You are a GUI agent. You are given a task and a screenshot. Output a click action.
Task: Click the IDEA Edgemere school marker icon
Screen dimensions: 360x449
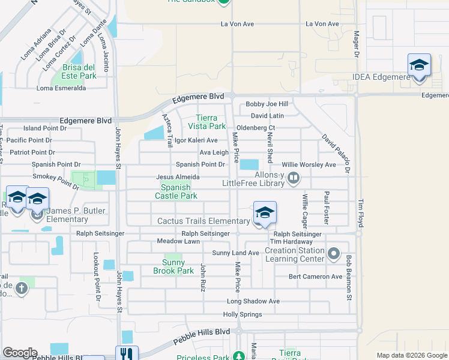point(419,65)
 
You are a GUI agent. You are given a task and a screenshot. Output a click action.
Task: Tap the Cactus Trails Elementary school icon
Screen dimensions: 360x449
point(265,213)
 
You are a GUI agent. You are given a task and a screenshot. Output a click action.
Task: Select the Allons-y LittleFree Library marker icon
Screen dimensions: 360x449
point(294,177)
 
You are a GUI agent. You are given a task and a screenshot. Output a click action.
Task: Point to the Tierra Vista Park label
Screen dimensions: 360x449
point(211,122)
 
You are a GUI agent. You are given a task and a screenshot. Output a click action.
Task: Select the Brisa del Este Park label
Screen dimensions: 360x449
point(74,71)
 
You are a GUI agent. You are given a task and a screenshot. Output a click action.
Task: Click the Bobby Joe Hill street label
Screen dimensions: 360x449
point(267,104)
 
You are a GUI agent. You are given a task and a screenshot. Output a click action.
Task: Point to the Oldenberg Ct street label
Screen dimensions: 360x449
point(255,128)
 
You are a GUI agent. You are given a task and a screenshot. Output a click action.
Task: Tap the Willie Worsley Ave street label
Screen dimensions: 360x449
point(309,164)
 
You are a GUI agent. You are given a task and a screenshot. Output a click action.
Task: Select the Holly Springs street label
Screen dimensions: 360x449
point(243,314)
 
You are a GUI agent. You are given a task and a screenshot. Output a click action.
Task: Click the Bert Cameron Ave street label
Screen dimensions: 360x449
point(315,277)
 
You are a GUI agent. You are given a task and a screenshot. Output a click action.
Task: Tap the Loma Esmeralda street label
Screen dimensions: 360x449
point(61,88)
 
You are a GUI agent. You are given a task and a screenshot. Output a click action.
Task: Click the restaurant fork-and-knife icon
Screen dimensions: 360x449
point(127,354)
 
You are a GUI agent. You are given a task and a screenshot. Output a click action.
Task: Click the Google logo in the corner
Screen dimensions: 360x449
point(20,353)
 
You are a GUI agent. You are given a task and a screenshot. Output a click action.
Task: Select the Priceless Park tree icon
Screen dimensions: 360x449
point(238,355)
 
